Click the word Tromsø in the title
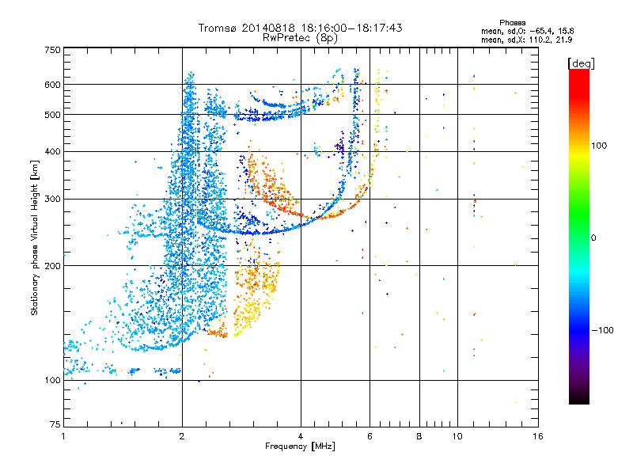218,28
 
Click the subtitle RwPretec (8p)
300,38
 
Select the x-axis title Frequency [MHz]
300,446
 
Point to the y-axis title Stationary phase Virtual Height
34,237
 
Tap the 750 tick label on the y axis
52,50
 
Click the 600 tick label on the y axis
52,85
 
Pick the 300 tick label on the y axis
52,199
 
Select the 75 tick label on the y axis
55,424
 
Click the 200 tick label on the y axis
52,266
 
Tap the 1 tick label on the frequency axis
63,436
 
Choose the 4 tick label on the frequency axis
301,436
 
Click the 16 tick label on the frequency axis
538,436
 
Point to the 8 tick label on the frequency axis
419,436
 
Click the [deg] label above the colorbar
581,63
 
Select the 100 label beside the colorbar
599,146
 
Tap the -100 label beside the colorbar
602,330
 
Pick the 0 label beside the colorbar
593,238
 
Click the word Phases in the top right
512,23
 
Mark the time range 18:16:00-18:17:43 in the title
351,28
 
